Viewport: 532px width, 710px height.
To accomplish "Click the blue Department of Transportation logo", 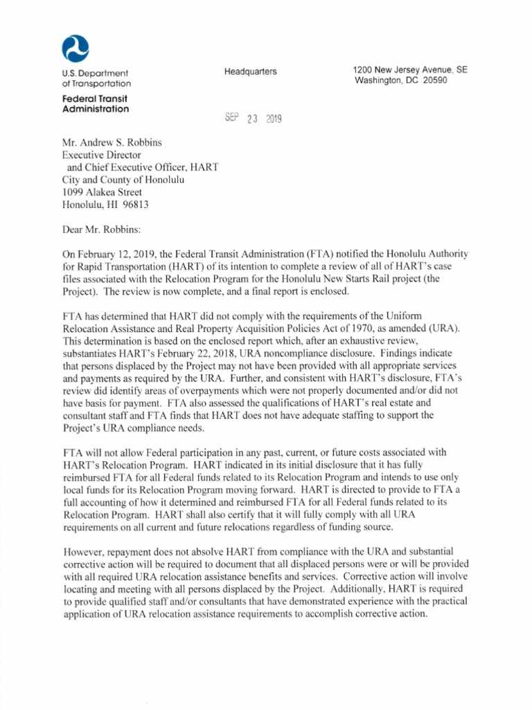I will [x=76, y=49].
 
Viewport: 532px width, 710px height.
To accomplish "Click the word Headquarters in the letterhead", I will [x=250, y=72].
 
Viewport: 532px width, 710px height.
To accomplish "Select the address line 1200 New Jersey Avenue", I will [x=409, y=70].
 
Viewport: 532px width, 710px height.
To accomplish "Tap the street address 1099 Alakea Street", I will [x=103, y=193].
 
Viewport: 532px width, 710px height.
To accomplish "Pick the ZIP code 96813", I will [x=134, y=205].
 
